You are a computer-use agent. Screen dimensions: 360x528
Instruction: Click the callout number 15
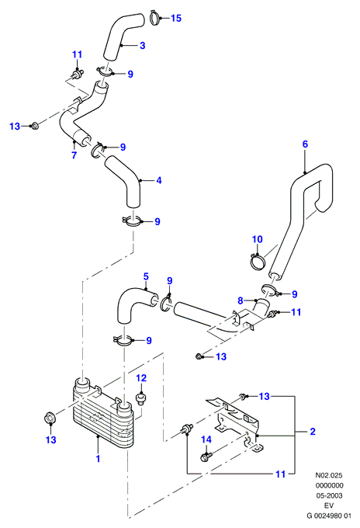click(x=176, y=18)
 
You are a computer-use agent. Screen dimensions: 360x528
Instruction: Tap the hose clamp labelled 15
click(x=154, y=18)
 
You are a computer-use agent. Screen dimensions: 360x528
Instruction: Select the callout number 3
click(x=142, y=46)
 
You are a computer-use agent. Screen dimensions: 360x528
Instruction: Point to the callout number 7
click(x=74, y=155)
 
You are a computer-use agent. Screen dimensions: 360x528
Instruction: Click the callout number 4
click(x=159, y=180)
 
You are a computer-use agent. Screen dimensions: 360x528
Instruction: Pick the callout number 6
click(x=305, y=144)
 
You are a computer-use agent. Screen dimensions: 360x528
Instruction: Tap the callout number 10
click(x=257, y=239)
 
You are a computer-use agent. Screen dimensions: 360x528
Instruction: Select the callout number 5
click(x=146, y=276)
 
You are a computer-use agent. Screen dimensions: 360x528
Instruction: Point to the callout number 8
click(x=241, y=300)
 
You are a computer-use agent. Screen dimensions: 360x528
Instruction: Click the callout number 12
click(x=141, y=378)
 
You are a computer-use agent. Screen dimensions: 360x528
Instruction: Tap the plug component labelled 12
click(x=141, y=399)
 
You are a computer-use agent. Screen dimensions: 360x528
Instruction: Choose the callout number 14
click(x=206, y=439)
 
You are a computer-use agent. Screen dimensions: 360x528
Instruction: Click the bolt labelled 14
click(x=206, y=457)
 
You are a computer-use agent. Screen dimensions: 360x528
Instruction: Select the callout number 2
click(x=313, y=432)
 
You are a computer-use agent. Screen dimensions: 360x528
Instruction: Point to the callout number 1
click(x=98, y=459)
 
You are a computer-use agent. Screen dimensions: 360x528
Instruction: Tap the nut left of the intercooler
click(x=50, y=419)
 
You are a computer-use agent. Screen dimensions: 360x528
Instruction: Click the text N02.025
click(x=329, y=475)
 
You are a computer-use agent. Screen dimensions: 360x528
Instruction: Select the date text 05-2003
click(x=329, y=495)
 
